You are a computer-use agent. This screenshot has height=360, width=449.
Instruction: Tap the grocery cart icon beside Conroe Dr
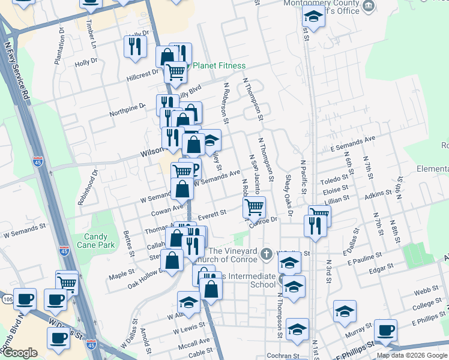[254, 207]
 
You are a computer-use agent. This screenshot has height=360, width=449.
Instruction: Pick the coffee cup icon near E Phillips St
[385, 329]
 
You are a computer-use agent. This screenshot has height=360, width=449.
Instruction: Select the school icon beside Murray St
[345, 311]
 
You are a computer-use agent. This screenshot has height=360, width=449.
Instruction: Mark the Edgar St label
[381, 266]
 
